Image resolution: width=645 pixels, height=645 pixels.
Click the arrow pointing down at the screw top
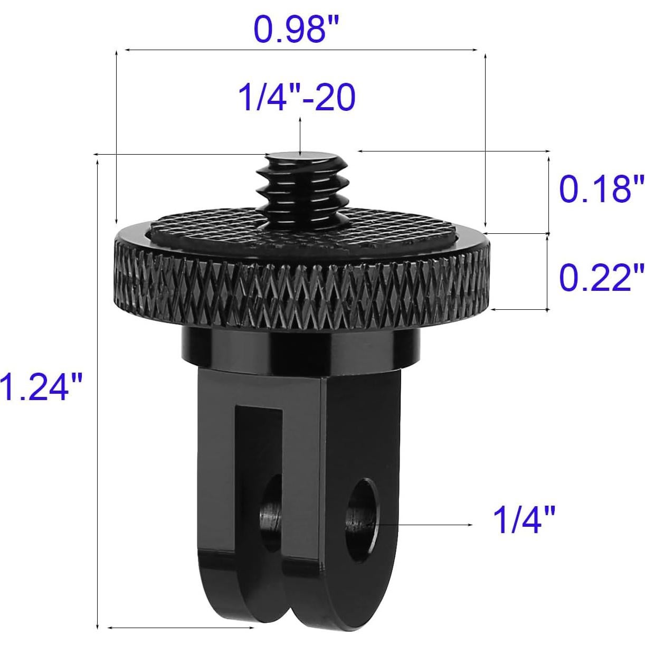[300, 137]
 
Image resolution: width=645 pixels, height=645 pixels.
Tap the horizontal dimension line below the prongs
[182, 628]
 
